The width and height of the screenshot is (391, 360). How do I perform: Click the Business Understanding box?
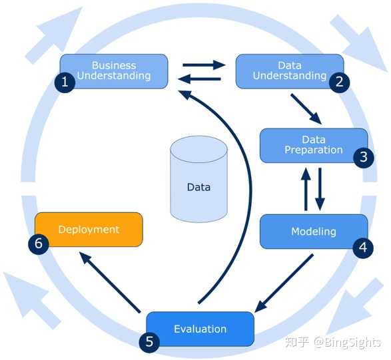click(114, 71)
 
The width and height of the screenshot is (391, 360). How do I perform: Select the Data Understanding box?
click(290, 71)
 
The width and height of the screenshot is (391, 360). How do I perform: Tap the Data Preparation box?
click(314, 146)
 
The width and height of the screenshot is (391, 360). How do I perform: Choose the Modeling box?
click(314, 232)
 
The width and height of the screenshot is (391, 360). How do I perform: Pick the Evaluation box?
click(200, 329)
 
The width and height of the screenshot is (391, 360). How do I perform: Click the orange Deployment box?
click(89, 230)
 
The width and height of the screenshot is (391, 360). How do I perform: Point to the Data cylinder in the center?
click(198, 180)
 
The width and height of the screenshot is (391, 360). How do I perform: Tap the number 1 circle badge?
click(65, 83)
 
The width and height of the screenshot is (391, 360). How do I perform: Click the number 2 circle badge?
click(340, 83)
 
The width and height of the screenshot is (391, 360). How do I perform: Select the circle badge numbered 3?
click(364, 157)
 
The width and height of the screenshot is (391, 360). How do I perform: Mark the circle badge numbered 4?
click(363, 248)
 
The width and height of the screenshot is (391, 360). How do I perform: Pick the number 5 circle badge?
click(149, 342)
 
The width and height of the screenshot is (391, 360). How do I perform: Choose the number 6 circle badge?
click(39, 244)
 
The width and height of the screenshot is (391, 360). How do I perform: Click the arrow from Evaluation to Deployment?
click(110, 282)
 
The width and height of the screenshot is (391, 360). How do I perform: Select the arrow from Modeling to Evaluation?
click(284, 283)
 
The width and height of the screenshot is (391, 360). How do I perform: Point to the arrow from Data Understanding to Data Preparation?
click(306, 109)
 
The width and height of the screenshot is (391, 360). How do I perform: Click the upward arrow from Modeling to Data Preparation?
click(306, 189)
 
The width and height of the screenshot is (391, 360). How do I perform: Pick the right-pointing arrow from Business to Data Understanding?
click(204, 65)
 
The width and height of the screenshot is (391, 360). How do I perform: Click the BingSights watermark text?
click(347, 342)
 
